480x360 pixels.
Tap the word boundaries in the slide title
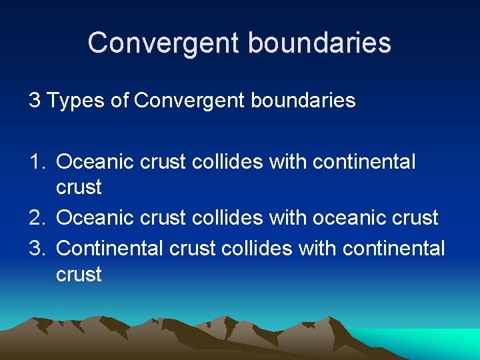(319, 43)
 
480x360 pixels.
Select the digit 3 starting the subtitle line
(34, 101)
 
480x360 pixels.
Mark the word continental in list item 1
(364, 162)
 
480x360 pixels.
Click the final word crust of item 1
(79, 188)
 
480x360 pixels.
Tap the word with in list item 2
(285, 218)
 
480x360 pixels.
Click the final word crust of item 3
(79, 275)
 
